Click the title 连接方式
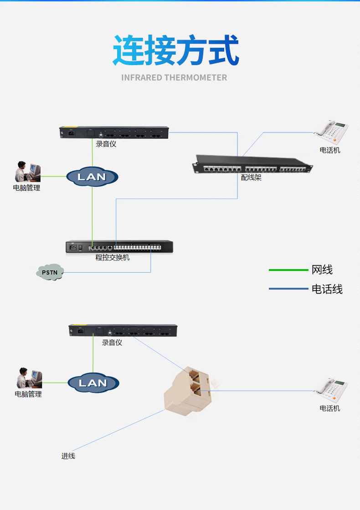coord(176,50)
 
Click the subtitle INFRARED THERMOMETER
coord(174,77)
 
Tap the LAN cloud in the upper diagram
coord(93,177)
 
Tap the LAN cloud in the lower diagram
coord(93,383)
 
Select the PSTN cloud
coord(50,272)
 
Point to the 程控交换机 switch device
coord(119,246)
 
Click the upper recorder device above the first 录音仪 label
coord(114,133)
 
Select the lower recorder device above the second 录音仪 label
coord(123,330)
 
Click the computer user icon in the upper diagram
coord(27,172)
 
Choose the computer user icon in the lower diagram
coord(29,378)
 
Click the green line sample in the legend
coord(288,270)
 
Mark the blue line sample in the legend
coord(288,289)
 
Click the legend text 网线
coord(322,270)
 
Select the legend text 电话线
coord(327,289)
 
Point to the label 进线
coord(68,456)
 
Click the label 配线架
coord(251,178)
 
